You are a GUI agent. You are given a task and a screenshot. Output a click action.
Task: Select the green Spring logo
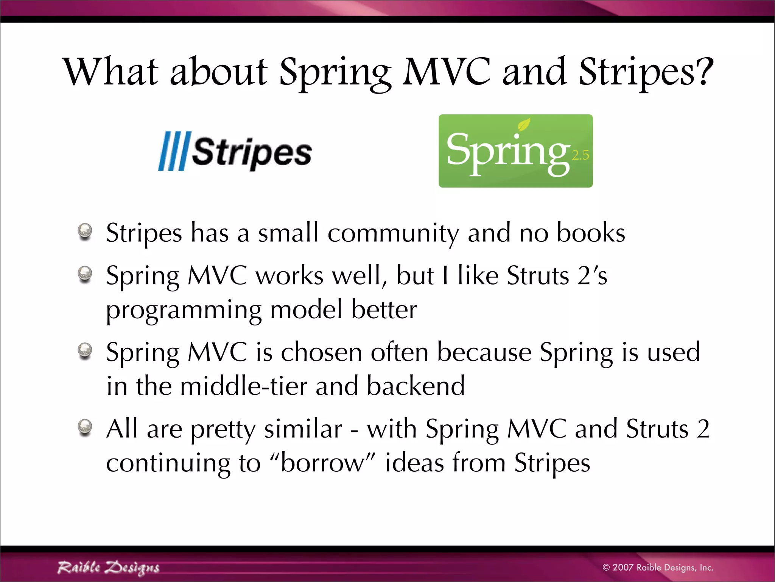515,151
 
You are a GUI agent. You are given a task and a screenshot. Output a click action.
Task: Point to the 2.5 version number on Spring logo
580,155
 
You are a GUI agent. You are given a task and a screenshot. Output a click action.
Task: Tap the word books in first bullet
590,233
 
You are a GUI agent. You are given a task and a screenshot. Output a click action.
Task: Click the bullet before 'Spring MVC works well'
85,274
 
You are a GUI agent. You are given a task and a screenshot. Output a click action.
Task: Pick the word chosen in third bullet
321,352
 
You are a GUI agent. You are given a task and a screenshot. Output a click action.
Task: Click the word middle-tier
244,386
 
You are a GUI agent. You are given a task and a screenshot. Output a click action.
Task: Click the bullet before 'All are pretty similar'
85,427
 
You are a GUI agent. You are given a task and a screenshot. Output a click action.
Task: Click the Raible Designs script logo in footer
108,568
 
